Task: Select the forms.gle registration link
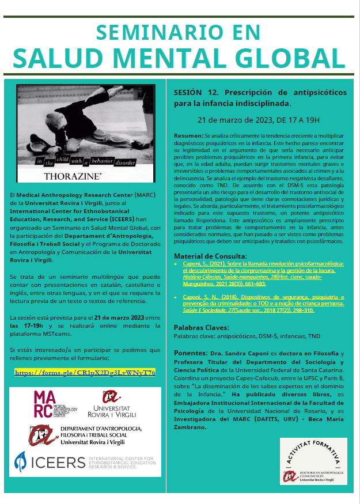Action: click(85, 373)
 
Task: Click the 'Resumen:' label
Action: click(188, 134)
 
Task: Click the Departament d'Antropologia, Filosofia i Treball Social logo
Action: click(85, 436)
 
